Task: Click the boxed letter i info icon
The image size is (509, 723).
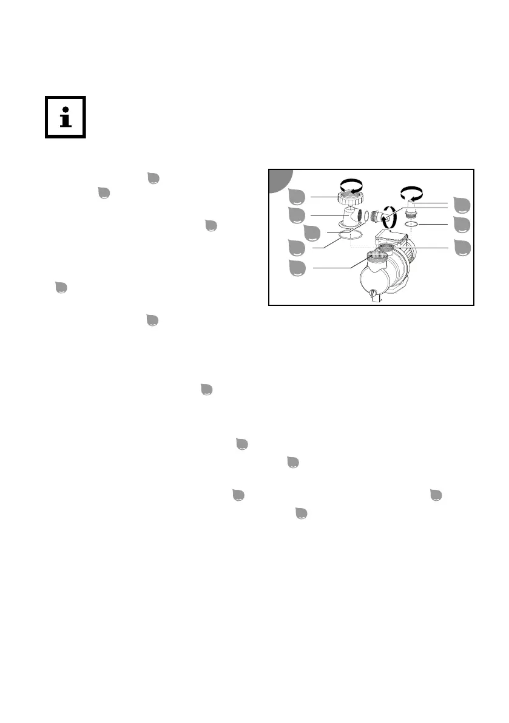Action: (66, 117)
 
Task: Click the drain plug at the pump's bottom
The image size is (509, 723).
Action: (372, 296)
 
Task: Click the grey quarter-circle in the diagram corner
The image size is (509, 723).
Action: (280, 180)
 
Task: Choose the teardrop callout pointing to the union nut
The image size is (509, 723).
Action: (297, 197)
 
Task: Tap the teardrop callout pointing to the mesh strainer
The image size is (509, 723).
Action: (297, 268)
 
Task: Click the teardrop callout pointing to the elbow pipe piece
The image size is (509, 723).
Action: (297, 214)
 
